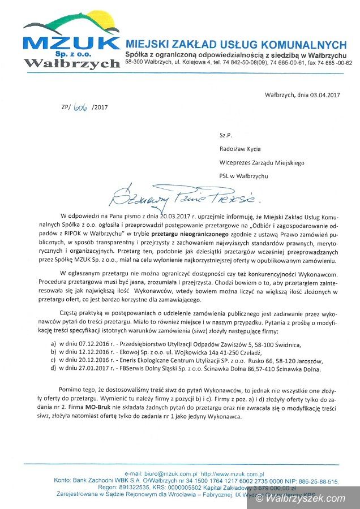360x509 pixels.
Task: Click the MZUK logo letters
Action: (71, 43)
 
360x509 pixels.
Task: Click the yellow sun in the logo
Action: (101, 25)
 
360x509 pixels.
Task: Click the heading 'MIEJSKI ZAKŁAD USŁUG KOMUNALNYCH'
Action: (235, 44)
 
